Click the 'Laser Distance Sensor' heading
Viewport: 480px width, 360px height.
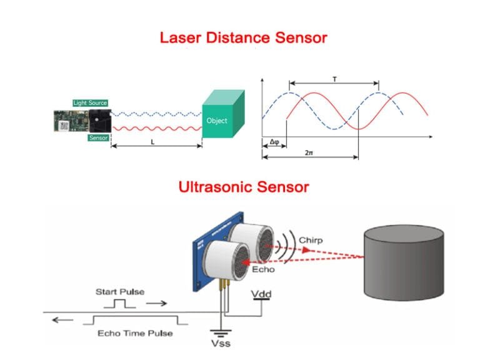click(243, 37)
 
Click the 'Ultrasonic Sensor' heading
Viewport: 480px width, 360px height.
click(243, 186)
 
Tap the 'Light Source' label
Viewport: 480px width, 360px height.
click(90, 102)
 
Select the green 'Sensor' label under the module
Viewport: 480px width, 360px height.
click(98, 137)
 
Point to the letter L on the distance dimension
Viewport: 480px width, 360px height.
click(153, 142)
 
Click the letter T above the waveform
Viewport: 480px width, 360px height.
click(334, 79)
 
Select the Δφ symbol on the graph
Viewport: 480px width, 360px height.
click(273, 142)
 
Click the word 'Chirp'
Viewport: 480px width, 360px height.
click(310, 239)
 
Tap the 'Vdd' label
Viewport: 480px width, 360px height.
click(261, 292)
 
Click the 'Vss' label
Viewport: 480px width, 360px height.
click(221, 343)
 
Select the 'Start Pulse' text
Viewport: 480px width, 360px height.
click(119, 291)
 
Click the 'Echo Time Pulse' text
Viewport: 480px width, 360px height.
click(135, 333)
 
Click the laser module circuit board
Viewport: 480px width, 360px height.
click(70, 120)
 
